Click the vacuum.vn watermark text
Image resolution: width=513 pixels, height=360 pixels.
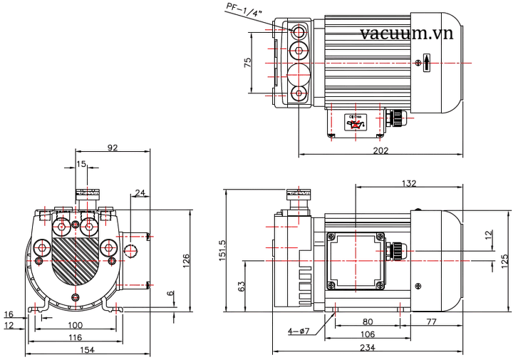coord(407,34)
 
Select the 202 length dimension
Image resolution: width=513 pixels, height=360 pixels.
coord(380,150)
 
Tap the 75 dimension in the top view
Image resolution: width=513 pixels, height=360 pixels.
coord(247,63)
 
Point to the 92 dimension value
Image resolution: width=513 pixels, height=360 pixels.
coord(112,148)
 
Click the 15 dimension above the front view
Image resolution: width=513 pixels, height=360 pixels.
coord(81,164)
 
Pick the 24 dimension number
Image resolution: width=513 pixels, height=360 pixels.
coord(140,192)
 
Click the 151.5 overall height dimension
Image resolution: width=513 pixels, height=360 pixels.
coord(221,251)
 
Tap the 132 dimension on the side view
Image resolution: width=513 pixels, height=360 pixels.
coord(409,183)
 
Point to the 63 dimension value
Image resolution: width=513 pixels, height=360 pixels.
coord(242,286)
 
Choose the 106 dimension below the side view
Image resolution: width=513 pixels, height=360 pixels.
coord(367,334)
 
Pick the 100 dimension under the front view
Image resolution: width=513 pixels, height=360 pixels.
coord(75,324)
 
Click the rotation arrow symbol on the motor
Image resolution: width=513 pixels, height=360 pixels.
coord(426,63)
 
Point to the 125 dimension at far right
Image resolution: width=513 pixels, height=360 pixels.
coord(504,258)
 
